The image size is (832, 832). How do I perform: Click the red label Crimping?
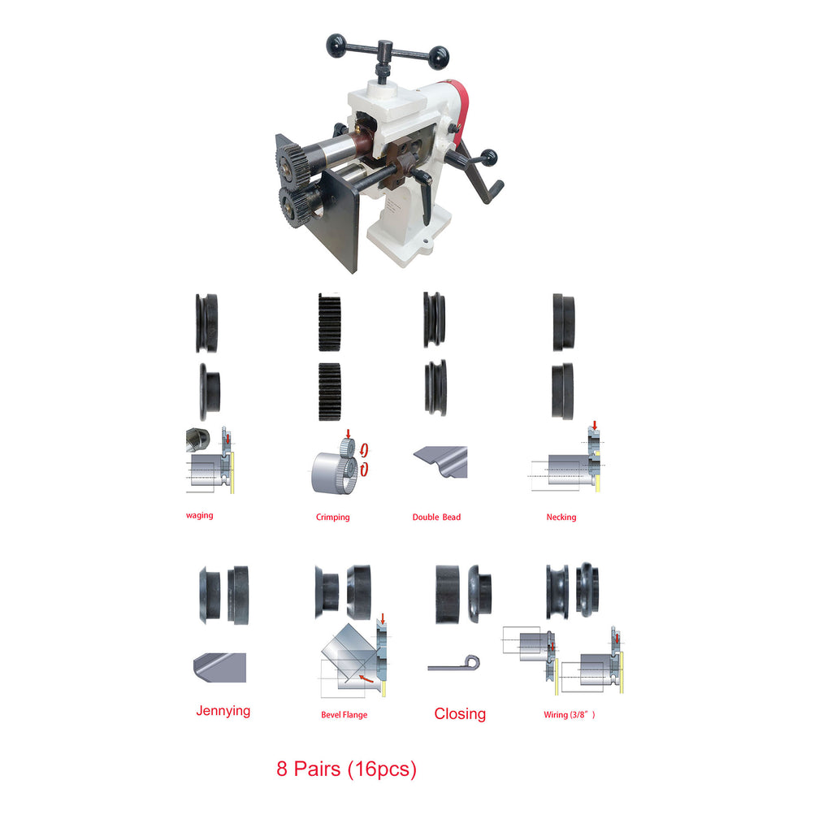(x=332, y=517)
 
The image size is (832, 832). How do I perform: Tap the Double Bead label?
(x=436, y=517)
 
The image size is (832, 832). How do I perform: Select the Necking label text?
(x=561, y=517)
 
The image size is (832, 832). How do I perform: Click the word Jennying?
(x=223, y=710)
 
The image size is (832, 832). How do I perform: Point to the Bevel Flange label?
(x=344, y=715)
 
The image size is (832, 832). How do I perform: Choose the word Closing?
(x=460, y=714)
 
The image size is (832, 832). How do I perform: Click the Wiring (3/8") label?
(x=570, y=715)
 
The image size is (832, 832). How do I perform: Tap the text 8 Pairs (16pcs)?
(x=346, y=769)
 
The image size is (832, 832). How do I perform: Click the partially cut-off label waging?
(x=200, y=515)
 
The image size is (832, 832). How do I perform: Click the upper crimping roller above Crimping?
(x=330, y=322)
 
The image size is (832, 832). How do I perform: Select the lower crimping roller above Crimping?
(x=330, y=392)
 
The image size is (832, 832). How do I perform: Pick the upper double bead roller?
(x=434, y=320)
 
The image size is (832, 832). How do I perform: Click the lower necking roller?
(x=562, y=392)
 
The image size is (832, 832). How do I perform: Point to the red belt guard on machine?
(x=460, y=108)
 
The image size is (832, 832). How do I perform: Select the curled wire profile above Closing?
(x=454, y=664)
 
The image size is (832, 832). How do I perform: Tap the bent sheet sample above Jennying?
(x=219, y=668)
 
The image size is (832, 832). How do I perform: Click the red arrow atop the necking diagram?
(x=595, y=426)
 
